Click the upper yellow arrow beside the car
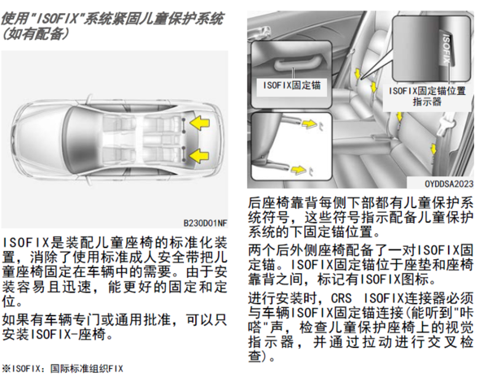pos(199,123)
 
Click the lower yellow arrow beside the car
pos(199,156)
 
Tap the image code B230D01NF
pos(205,223)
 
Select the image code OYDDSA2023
pos(449,184)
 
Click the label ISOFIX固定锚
pos(292,85)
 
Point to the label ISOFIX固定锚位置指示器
pos(427,96)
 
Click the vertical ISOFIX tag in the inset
pos(447,48)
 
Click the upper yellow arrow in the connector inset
pos(309,123)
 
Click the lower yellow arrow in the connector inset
pos(298,170)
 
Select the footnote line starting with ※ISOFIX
pos(63,369)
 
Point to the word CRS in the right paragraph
pos(341,298)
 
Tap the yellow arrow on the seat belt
pos(434,149)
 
